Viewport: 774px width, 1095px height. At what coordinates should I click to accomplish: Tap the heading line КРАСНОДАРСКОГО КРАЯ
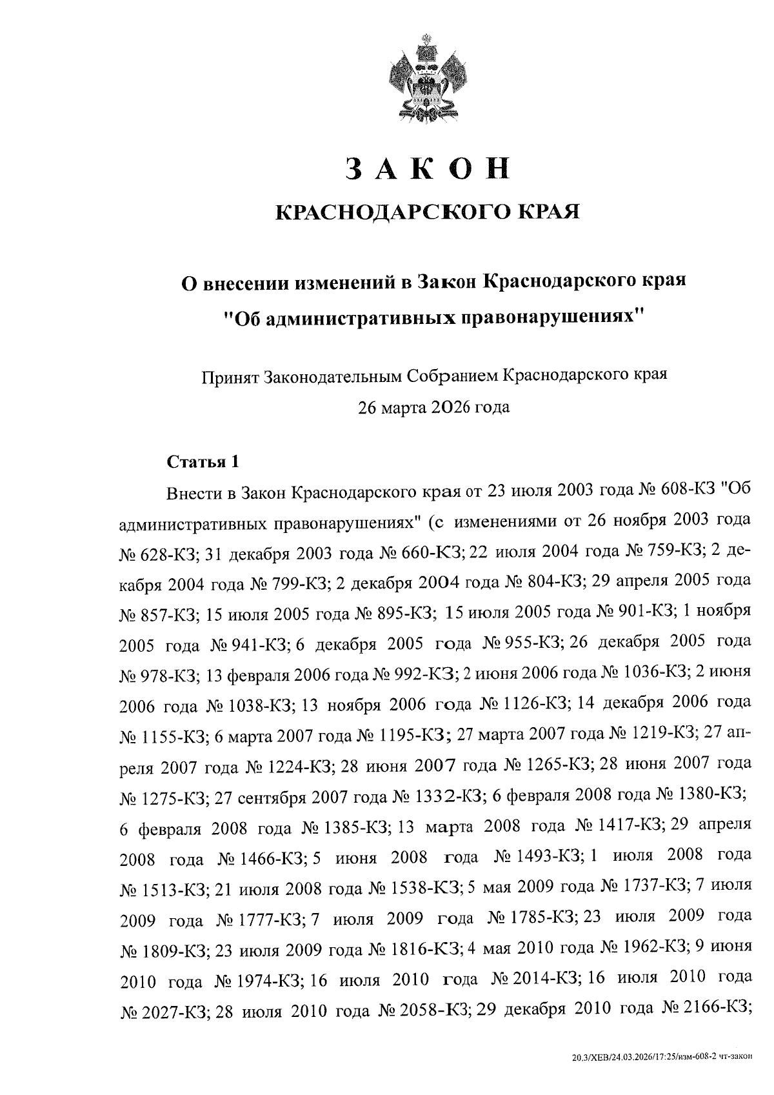(x=427, y=212)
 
